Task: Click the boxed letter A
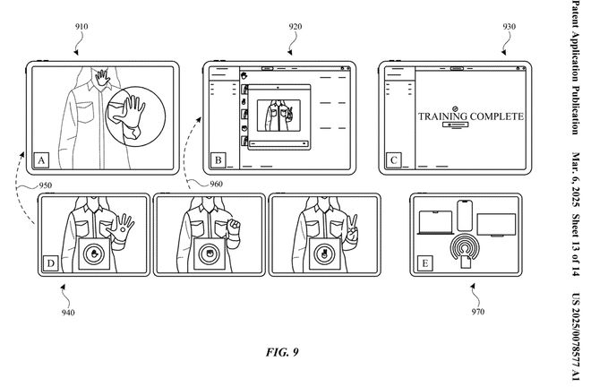point(41,161)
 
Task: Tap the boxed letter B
point(217,161)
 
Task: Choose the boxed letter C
point(392,161)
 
